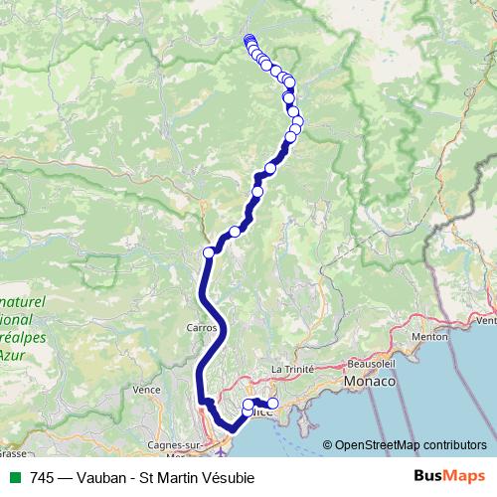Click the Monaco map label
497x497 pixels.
370,382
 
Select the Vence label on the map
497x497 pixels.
146,390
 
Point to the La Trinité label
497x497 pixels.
292,369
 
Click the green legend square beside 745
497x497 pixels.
15,478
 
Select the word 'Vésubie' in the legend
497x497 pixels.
227,478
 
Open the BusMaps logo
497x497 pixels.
448,477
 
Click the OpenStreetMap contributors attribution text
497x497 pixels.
410,445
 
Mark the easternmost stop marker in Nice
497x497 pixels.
273,404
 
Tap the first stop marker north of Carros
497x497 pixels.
209,252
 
